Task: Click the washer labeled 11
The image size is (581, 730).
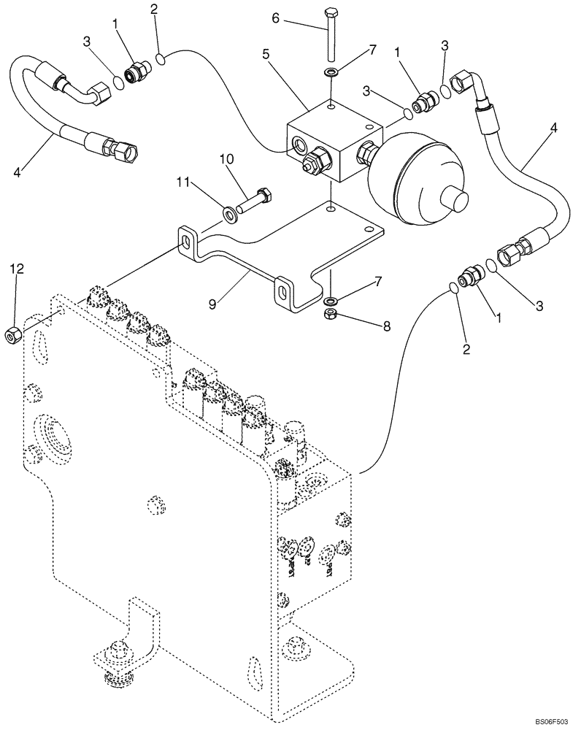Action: point(232,214)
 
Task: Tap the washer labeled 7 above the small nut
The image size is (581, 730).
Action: point(331,300)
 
